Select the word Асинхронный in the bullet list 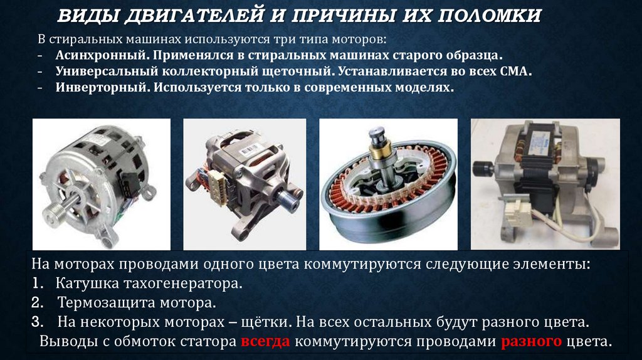102,55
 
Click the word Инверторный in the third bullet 102,87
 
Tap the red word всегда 265,341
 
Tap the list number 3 37,322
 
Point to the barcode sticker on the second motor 248,151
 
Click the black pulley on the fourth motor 483,169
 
